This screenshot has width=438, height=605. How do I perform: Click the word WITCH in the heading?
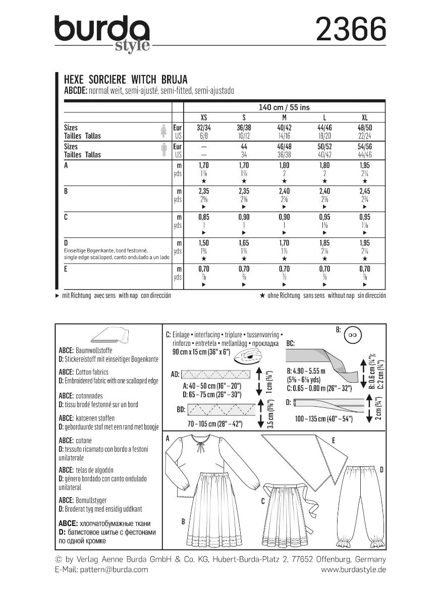point(146,80)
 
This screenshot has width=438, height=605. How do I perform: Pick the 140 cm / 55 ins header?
point(284,107)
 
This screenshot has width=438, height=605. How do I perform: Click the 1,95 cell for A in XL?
point(365,165)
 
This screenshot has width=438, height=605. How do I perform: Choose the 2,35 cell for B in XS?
point(203,191)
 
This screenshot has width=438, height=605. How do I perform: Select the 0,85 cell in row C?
point(203,217)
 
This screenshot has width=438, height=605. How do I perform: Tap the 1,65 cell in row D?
point(244,244)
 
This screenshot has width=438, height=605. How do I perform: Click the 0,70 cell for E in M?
point(284,270)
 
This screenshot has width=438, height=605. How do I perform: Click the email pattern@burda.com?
point(101,569)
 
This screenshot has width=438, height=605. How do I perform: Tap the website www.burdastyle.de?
point(353,569)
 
